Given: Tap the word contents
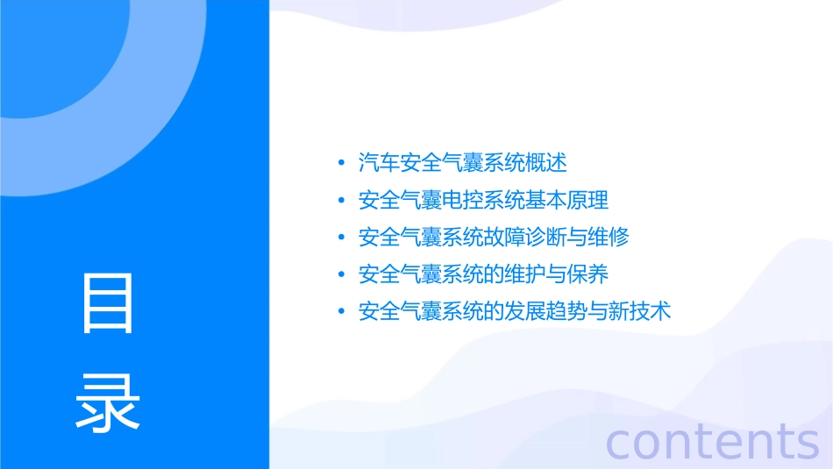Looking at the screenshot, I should pos(713,440).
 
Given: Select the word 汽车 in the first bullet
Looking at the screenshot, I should pos(379,162).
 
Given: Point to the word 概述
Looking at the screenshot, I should pos(546,162).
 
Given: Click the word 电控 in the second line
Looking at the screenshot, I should pos(462,200).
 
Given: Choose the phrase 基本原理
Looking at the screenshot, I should pos(566,200).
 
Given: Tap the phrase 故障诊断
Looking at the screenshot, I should pos(525,237).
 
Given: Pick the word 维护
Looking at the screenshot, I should pos(525,274).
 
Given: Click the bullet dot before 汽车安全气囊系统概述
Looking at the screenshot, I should pos(341,163).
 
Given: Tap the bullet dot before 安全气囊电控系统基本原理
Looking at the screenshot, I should pos(341,201).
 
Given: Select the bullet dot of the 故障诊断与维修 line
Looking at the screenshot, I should pos(341,238).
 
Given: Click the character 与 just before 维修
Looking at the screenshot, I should pos(577,237).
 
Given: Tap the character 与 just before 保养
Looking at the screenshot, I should pos(556,274).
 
